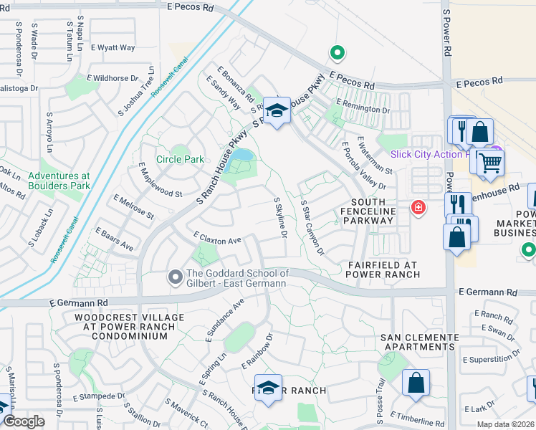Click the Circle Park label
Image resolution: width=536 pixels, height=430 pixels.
180,159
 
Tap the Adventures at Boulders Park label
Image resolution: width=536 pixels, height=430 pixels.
59,181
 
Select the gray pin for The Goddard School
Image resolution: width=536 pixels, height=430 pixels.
174,277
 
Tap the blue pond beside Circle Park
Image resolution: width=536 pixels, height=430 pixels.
241,155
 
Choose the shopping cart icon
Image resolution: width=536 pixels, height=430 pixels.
490,162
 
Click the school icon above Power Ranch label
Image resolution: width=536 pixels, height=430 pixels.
268,388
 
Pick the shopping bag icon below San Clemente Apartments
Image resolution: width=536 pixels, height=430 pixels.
416,383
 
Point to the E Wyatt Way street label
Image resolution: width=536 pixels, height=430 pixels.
113,48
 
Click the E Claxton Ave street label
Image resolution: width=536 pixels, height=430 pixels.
217,238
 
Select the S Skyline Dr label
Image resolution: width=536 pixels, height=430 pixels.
280,219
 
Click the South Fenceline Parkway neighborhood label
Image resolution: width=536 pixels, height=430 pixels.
372,211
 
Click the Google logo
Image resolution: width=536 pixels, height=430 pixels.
24,421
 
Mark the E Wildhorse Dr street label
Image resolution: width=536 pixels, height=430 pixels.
113,78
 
